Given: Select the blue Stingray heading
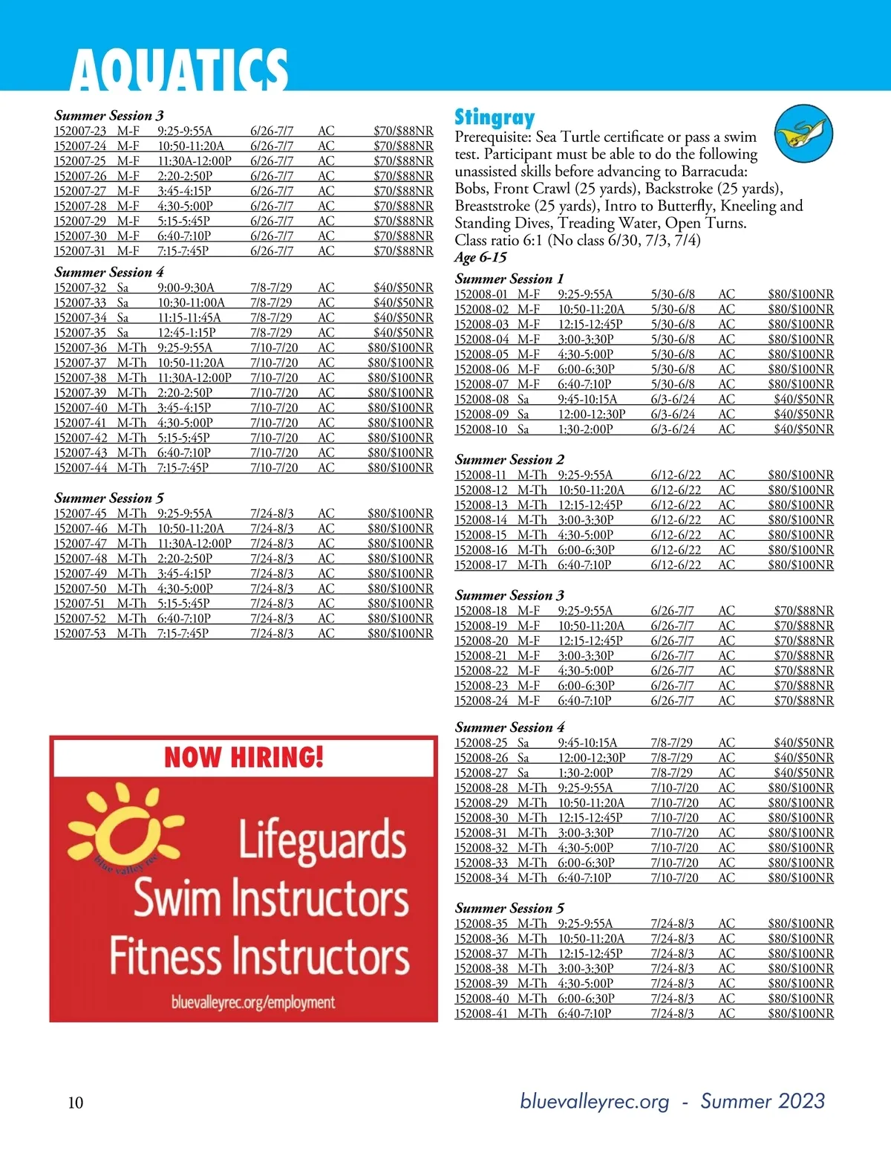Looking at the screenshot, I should pyautogui.click(x=495, y=117).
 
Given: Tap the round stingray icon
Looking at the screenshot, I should pyautogui.click(x=803, y=134).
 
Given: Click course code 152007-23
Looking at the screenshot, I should pyautogui.click(x=80, y=131).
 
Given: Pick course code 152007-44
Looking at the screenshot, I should pyautogui.click(x=80, y=468).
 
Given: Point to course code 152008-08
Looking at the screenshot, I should pyautogui.click(x=482, y=400).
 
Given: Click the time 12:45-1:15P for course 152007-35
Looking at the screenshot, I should pyautogui.click(x=186, y=333).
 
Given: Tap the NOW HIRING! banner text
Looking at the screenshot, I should pyautogui.click(x=244, y=758).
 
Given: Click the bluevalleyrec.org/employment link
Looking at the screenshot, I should pyautogui.click(x=253, y=1002).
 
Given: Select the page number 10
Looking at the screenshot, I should pyautogui.click(x=76, y=1103).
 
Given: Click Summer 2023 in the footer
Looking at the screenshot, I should pyautogui.click(x=763, y=1101).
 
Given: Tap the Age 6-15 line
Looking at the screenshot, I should pyautogui.click(x=480, y=258).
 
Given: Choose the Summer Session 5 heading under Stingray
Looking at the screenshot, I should pyautogui.click(x=509, y=908).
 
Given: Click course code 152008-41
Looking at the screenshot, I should pyautogui.click(x=482, y=1013).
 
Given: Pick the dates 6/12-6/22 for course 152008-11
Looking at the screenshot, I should pyautogui.click(x=676, y=475).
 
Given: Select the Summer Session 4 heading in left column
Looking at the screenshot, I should pyautogui.click(x=109, y=272).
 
